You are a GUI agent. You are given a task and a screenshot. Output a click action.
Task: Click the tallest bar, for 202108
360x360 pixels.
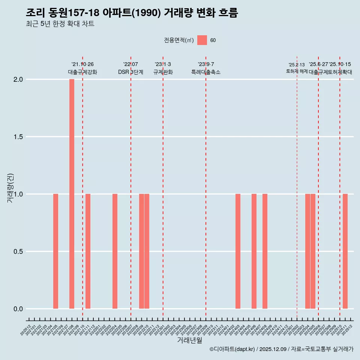point(72,194)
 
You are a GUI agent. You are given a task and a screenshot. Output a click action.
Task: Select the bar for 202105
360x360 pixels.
point(55,251)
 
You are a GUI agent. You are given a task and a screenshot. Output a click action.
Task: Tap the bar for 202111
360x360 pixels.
point(88,251)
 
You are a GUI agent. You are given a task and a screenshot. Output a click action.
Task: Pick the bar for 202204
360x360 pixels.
point(115,251)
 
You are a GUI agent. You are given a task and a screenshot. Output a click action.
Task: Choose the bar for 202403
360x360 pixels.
point(238,251)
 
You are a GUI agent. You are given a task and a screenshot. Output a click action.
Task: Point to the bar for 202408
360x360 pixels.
point(265,251)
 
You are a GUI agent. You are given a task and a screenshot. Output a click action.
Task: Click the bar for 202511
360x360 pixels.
point(345,251)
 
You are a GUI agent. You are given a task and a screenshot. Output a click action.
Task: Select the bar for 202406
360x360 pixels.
point(254,251)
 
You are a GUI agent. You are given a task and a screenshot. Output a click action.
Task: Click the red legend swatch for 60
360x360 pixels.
point(202,40)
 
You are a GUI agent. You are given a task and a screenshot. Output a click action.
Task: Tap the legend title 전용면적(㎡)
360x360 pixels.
point(179,40)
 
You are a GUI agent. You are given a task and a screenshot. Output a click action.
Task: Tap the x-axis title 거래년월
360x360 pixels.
point(189,340)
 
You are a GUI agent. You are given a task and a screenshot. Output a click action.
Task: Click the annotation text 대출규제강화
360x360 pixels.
point(82,72)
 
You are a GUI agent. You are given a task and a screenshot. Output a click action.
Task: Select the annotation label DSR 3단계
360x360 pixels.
point(130,72)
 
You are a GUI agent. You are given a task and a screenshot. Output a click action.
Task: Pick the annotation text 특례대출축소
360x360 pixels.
point(206,72)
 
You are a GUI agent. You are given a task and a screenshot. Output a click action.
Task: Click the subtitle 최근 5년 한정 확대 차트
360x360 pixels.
point(60,24)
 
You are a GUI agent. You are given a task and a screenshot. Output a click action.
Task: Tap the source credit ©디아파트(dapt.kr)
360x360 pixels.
point(232,349)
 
